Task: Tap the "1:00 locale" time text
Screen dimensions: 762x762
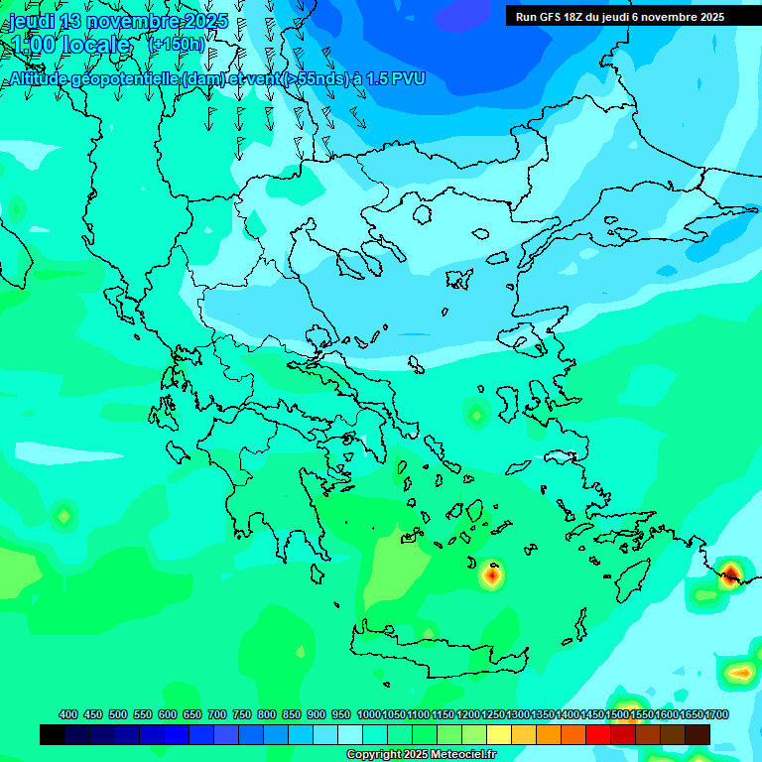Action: tap(70, 45)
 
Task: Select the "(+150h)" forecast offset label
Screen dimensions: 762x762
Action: tap(177, 45)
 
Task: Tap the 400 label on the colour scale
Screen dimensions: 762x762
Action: tap(68, 714)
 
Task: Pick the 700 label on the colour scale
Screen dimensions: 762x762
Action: tap(217, 714)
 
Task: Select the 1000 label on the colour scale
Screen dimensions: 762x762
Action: tap(368, 714)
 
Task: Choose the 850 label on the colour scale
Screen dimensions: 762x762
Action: tap(292, 714)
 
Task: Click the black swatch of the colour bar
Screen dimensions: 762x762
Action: tap(53, 734)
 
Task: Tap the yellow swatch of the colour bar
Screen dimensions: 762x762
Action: tap(499, 734)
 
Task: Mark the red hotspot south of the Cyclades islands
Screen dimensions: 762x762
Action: tap(491, 574)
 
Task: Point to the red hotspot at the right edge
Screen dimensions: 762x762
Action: tap(731, 573)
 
